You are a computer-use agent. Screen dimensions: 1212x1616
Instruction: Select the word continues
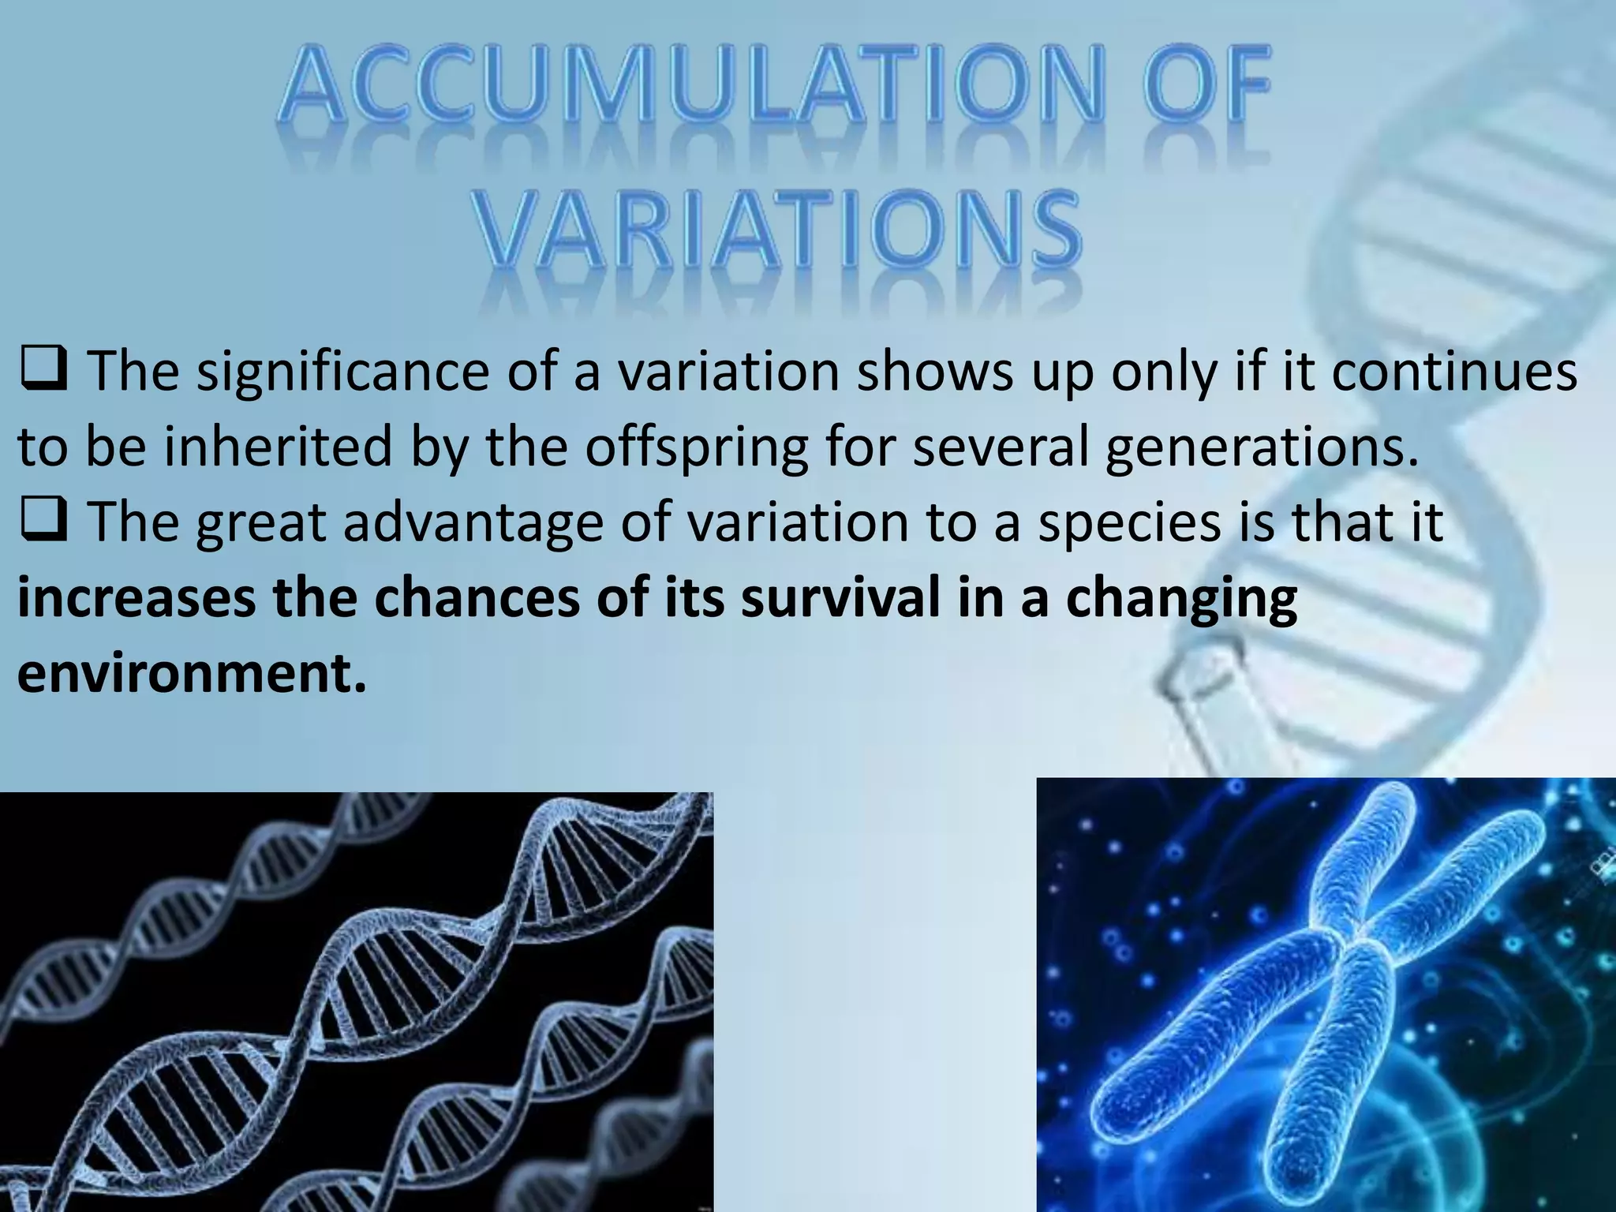click(1454, 372)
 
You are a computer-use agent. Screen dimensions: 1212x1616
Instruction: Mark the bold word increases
click(136, 598)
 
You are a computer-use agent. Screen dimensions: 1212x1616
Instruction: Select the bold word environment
click(192, 674)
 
